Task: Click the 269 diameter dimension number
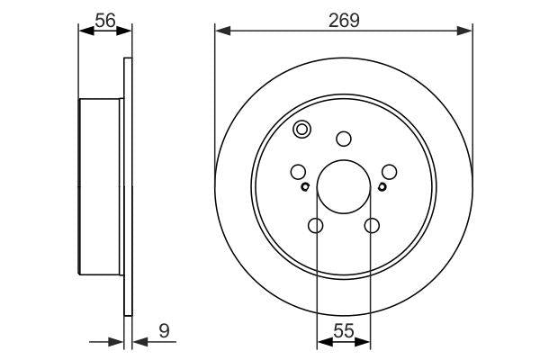click(343, 20)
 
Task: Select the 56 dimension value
click(105, 20)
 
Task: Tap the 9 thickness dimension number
click(164, 331)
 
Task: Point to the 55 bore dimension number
click(343, 331)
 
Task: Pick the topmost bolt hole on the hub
click(343, 139)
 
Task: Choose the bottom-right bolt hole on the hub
click(370, 226)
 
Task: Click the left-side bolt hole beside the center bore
click(299, 171)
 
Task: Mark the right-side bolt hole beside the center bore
click(388, 171)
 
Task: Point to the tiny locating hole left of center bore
click(306, 187)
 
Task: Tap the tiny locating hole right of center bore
click(382, 187)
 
